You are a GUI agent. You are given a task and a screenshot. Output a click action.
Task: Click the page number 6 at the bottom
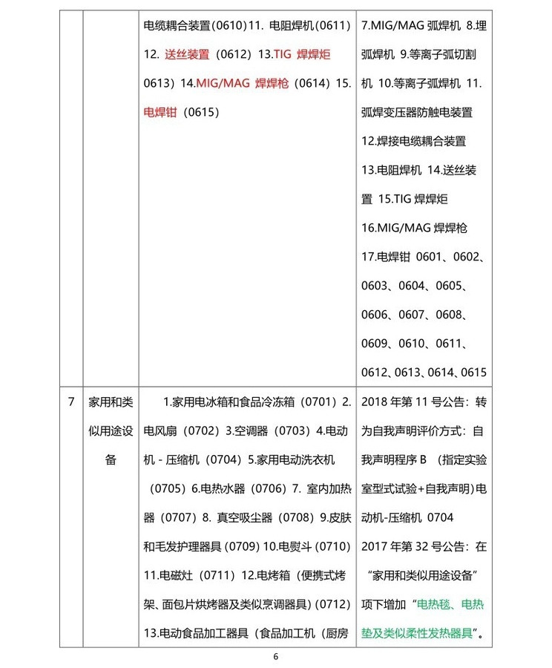point(276,657)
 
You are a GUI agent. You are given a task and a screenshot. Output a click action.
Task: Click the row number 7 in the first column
point(70,402)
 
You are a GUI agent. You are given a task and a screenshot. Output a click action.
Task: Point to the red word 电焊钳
point(160,113)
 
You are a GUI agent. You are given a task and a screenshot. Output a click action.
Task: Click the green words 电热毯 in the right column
point(434,604)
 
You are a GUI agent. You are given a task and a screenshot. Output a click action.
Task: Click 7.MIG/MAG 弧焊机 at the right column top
point(407,26)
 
